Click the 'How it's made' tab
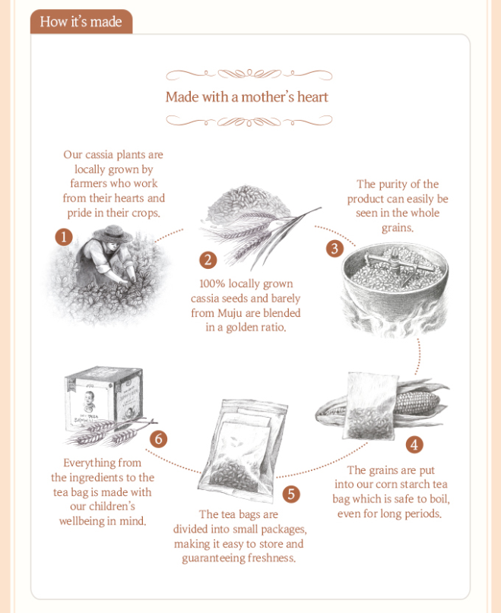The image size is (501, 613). (81, 21)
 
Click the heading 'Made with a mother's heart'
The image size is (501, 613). (246, 97)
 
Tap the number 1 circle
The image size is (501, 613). (64, 237)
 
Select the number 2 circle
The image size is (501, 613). (208, 260)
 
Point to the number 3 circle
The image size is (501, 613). (335, 248)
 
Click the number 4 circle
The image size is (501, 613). (414, 444)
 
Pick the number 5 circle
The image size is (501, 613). (291, 495)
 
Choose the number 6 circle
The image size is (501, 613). (159, 439)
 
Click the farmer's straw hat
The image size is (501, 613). (113, 233)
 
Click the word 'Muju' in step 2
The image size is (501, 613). (230, 313)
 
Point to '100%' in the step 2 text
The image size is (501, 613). (212, 283)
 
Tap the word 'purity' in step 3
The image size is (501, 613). (393, 185)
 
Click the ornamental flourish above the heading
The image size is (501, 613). (249, 74)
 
